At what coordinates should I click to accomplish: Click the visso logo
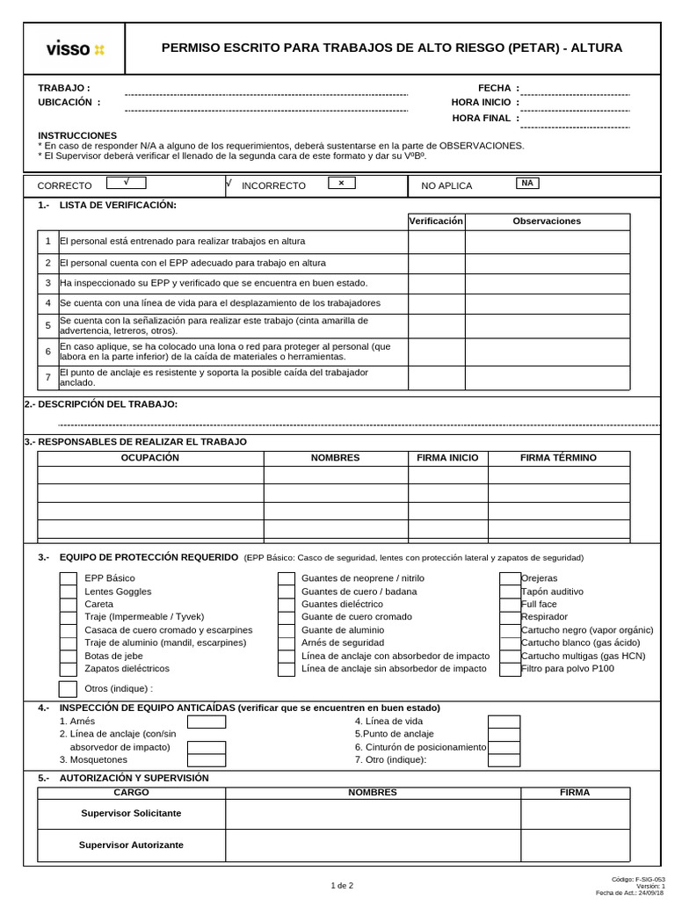[75, 49]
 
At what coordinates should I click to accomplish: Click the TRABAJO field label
[63, 88]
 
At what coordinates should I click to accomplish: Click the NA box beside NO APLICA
[527, 183]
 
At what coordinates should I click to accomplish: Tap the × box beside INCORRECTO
[341, 183]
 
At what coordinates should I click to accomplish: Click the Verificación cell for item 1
[436, 242]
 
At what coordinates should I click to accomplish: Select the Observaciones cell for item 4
[547, 303]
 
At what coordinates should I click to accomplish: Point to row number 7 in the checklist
[48, 378]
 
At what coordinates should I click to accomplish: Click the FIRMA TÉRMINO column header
[558, 458]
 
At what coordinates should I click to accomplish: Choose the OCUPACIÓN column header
[149, 458]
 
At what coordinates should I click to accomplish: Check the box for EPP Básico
[68, 578]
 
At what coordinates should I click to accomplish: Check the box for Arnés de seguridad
[287, 643]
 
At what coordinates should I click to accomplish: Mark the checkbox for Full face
[510, 605]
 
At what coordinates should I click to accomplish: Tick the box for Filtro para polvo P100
[510, 669]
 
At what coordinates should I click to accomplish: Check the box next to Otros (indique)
[68, 689]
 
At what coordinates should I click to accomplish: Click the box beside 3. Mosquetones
[207, 760]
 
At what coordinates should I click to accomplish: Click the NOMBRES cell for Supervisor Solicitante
[373, 814]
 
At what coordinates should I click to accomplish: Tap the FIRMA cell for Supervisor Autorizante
[575, 846]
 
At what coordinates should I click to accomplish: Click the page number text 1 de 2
[342, 885]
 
